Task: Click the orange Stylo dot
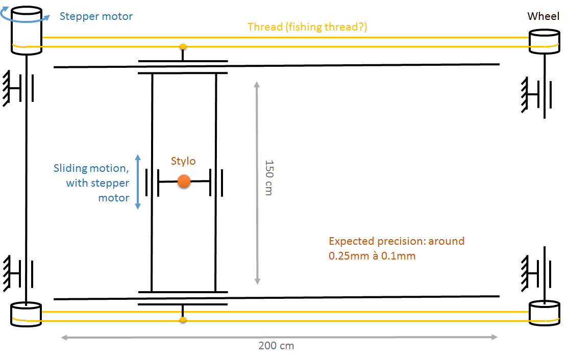pyautogui.click(x=184, y=181)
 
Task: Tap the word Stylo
pyautogui.click(x=183, y=161)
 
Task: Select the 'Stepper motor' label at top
pyautogui.click(x=96, y=16)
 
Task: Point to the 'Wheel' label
pyautogui.click(x=543, y=16)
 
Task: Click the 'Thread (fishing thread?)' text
pyautogui.click(x=307, y=27)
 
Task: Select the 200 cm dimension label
pyautogui.click(x=276, y=346)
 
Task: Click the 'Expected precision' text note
pyautogui.click(x=397, y=248)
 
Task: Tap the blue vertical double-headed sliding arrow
pyautogui.click(x=138, y=182)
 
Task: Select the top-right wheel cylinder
pyautogui.click(x=544, y=42)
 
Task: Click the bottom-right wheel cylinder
pyautogui.click(x=544, y=312)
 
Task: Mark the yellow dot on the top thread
pyautogui.click(x=183, y=46)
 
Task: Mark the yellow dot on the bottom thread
pyautogui.click(x=183, y=320)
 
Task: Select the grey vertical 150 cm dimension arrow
pyautogui.click(x=257, y=184)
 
